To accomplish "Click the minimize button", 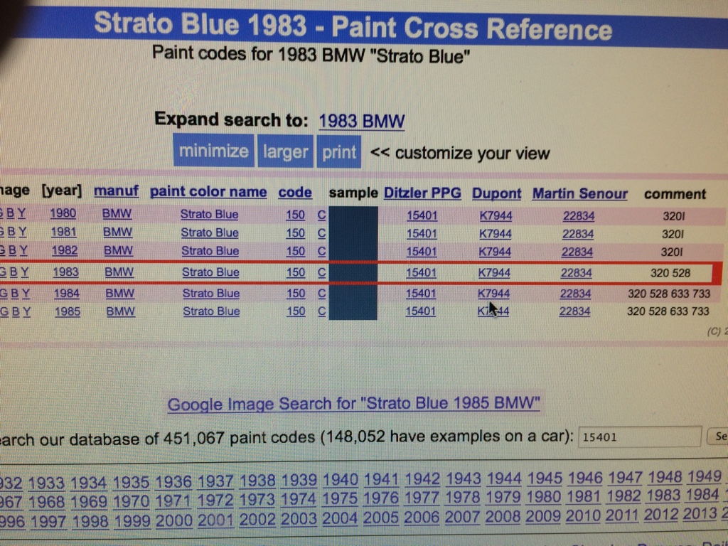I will (213, 151).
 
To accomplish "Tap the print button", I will (339, 152).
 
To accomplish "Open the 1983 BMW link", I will (361, 120).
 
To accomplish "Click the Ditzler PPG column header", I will (422, 193).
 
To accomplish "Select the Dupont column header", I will (496, 193).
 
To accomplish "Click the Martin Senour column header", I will (579, 193).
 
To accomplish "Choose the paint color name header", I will (208, 192).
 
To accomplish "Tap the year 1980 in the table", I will (63, 214).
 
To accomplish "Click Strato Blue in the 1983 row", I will (210, 272).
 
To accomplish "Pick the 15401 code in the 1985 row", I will (421, 311).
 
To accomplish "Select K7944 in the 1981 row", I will (496, 233).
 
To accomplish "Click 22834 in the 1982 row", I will (577, 252).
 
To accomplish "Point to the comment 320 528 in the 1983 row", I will (670, 273).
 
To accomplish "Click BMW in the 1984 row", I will (119, 293).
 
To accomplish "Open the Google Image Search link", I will (353, 404).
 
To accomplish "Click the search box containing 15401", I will (640, 437).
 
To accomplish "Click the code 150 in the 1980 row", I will (296, 215).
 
